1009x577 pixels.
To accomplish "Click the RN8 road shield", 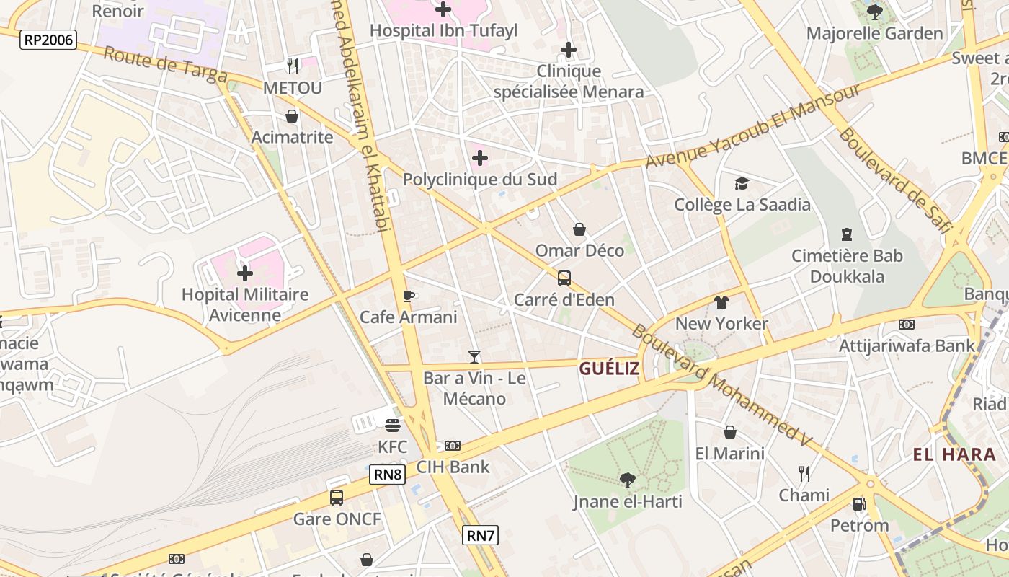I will pyautogui.click(x=388, y=475).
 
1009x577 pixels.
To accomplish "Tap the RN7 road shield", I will pyautogui.click(x=480, y=535).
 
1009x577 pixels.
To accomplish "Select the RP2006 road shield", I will pyautogui.click(x=48, y=40).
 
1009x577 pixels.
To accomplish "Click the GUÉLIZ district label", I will pyautogui.click(x=609, y=369).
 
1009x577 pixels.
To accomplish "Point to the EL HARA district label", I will pyautogui.click(x=954, y=454).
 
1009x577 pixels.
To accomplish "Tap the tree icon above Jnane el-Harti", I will pyautogui.click(x=628, y=480).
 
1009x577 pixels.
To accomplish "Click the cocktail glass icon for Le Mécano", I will pyautogui.click(x=474, y=357).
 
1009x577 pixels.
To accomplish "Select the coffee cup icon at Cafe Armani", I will pyautogui.click(x=409, y=296).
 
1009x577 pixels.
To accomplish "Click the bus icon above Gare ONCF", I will pyautogui.click(x=337, y=497).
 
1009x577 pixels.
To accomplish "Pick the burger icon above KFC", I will pyautogui.click(x=393, y=426).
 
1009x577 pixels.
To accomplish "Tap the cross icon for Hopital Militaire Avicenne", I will pyautogui.click(x=245, y=273).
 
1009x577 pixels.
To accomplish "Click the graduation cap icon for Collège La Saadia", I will pyautogui.click(x=742, y=183).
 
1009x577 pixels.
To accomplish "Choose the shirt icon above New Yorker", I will pyautogui.click(x=721, y=302).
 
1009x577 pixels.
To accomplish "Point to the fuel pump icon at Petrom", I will pyautogui.click(x=859, y=503).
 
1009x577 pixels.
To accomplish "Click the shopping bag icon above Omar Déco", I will pyautogui.click(x=579, y=229).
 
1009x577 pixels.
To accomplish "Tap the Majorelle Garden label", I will pyautogui.click(x=874, y=33).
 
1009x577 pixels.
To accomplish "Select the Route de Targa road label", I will pyautogui.click(x=165, y=65).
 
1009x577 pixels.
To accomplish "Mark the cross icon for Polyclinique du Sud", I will pyautogui.click(x=480, y=158).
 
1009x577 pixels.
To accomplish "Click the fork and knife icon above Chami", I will pyautogui.click(x=804, y=474).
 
